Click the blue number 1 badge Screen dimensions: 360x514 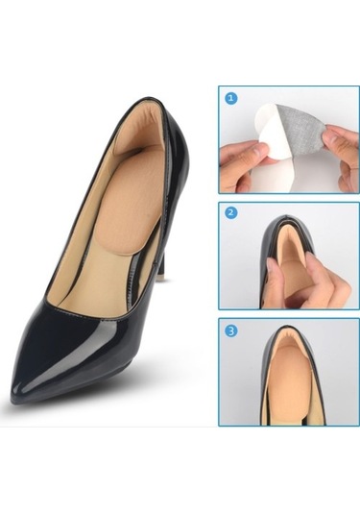click(231, 98)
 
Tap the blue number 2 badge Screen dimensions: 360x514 click(231, 213)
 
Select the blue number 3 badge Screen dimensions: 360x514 click(231, 330)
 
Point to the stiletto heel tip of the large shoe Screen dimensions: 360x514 click(161, 278)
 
